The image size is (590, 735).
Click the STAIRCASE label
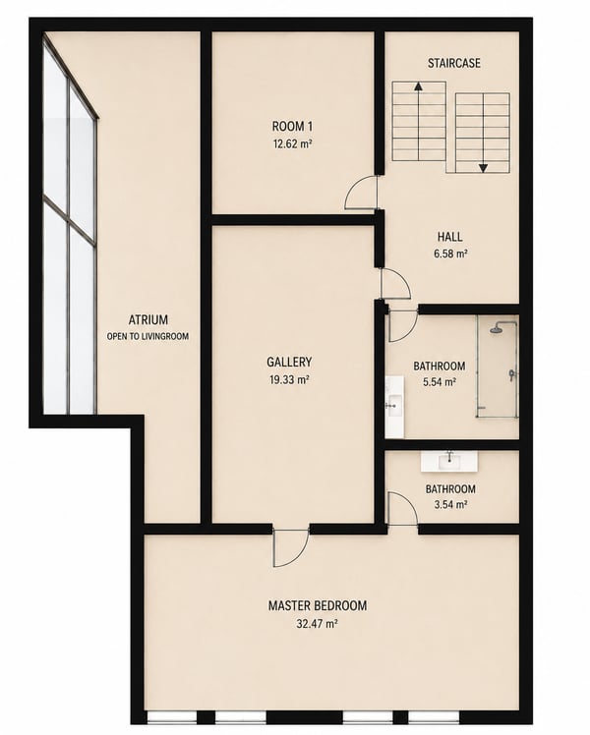[453, 63]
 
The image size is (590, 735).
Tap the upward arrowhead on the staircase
[418, 85]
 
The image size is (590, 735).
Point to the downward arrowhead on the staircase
[483, 168]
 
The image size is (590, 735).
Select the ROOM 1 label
[292, 126]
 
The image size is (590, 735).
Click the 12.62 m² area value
[292, 143]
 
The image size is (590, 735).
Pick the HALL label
[449, 237]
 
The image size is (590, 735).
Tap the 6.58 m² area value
[450, 254]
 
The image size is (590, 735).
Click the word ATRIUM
[148, 319]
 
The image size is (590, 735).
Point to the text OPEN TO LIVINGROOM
[147, 337]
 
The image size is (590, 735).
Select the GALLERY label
[289, 362]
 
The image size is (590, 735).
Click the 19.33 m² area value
[289, 379]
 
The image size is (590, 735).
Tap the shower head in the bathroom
[497, 329]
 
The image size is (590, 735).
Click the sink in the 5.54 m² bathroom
[394, 406]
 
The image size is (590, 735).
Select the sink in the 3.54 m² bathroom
[448, 462]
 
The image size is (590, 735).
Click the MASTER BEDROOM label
[318, 605]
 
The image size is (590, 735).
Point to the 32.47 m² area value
[318, 623]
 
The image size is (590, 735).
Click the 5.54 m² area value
[440, 382]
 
